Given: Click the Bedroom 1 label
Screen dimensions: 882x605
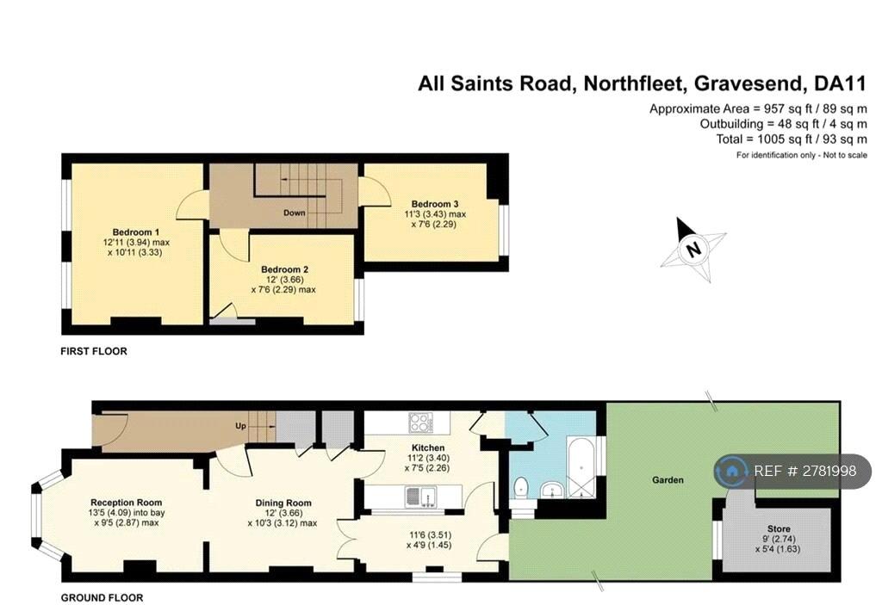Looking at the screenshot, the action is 135,232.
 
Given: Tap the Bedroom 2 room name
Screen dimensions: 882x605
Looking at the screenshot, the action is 284,269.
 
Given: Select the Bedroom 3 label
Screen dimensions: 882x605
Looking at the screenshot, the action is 435,204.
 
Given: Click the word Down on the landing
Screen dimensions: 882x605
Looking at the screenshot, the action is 295,213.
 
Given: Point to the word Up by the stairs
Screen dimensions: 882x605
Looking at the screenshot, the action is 241,426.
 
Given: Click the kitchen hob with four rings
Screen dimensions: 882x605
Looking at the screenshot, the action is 420,423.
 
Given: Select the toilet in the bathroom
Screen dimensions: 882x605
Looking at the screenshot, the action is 521,487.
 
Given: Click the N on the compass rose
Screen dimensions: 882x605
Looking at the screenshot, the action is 694,248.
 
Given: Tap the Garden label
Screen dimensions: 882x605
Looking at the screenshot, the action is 668,479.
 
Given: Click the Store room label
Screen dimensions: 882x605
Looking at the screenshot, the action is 779,528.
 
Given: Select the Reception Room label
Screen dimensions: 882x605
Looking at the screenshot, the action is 126,503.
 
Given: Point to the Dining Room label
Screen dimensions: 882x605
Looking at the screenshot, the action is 283,503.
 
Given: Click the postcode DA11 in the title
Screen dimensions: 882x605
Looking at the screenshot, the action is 840,83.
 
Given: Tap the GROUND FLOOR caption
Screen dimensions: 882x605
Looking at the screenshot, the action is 102,598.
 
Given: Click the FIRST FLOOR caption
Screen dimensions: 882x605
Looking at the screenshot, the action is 94,351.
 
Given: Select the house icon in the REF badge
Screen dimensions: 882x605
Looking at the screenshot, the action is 732,472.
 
